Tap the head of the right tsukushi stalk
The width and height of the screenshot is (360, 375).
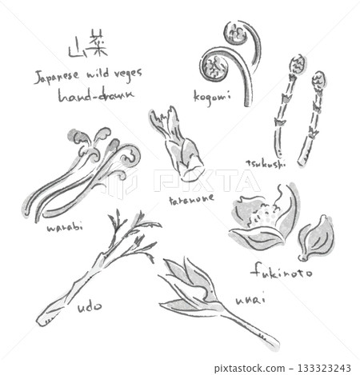(x=318, y=82)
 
